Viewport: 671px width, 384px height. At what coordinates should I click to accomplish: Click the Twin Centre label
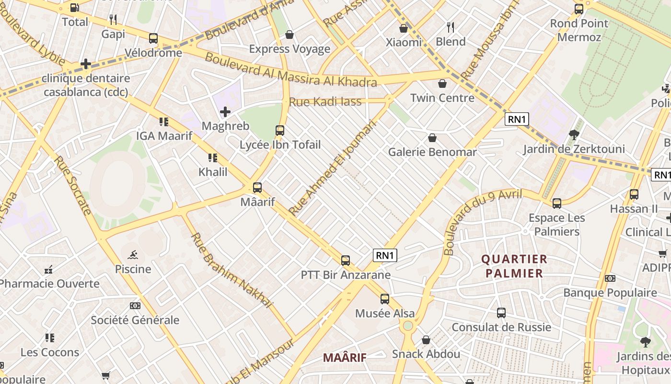coord(442,98)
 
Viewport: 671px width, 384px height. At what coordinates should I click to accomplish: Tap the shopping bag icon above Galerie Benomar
coord(432,138)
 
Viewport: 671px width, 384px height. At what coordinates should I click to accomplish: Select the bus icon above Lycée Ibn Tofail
coord(280,130)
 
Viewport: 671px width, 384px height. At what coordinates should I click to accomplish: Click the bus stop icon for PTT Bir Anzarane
coord(346,261)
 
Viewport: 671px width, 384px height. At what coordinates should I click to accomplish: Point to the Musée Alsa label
coord(385,313)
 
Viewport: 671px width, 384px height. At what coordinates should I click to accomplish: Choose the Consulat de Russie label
coord(501,327)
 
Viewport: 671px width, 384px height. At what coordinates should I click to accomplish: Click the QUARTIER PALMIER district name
coord(514,266)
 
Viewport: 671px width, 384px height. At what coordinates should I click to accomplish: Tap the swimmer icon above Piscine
coord(133,255)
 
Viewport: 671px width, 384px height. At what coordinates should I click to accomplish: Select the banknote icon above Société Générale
coord(135,306)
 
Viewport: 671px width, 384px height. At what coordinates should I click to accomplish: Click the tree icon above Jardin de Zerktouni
coord(574,135)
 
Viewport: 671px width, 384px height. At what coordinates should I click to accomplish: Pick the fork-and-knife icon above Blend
coord(450,27)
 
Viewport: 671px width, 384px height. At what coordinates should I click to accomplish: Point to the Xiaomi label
coord(404,42)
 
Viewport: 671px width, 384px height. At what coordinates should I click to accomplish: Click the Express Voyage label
coord(289,49)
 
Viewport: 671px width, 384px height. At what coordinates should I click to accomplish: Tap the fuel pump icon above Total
coord(75,8)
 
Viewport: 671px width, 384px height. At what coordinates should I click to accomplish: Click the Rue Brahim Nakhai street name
coord(231,270)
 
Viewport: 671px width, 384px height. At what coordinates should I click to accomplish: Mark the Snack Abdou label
coord(426,354)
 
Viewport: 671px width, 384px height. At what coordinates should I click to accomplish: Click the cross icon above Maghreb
coord(225,112)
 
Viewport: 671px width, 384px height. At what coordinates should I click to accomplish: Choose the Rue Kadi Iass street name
coord(325,102)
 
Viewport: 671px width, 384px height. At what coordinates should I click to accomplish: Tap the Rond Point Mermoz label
coord(579,30)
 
